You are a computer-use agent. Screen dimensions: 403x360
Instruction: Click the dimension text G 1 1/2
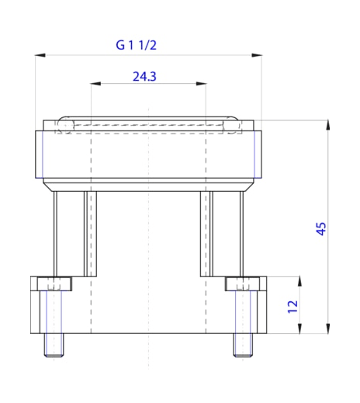[137, 46]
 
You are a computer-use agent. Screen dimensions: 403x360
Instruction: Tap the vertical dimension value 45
[320, 228]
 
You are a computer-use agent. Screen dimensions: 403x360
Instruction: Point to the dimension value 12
[292, 306]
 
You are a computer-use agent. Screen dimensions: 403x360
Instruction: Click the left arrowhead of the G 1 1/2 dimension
[39, 55]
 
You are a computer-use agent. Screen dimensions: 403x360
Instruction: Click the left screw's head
[54, 283]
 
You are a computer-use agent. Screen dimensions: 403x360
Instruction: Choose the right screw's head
[242, 283]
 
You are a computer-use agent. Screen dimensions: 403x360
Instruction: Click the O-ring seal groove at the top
[148, 124]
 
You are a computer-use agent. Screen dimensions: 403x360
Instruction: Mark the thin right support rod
[241, 233]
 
